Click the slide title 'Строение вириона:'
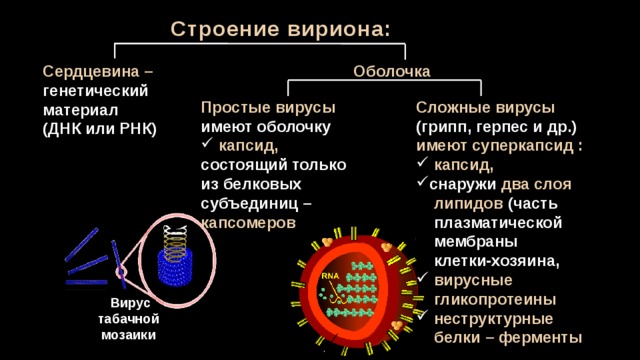click(x=280, y=29)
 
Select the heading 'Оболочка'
click(x=391, y=71)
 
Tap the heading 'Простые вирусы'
click(x=268, y=108)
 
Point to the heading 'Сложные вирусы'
click(x=485, y=108)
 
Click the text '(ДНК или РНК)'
click(x=100, y=129)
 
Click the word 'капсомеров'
click(x=248, y=223)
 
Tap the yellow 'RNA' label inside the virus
click(x=330, y=276)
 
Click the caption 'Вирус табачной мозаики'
click(x=128, y=319)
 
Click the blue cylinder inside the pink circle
click(x=175, y=267)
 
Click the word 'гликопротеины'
click(x=495, y=300)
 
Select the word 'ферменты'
click(x=540, y=338)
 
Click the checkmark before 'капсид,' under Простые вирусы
click(x=207, y=143)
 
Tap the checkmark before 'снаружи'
click(x=422, y=181)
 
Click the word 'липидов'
click(x=468, y=204)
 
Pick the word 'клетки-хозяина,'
click(x=496, y=261)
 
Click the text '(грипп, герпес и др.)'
click(x=496, y=127)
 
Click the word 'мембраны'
click(x=476, y=242)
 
